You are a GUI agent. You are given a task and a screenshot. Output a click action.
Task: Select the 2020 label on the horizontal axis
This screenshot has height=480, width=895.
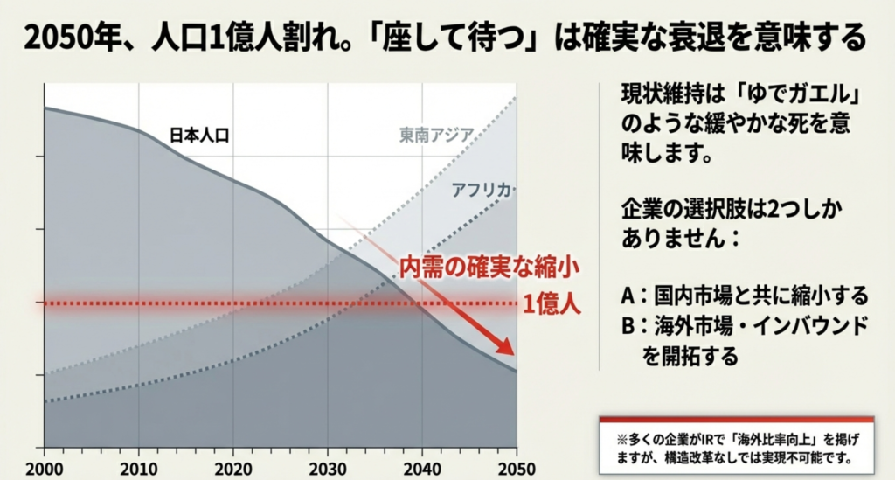233,467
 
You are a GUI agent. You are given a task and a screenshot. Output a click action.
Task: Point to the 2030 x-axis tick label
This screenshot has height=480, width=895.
327,467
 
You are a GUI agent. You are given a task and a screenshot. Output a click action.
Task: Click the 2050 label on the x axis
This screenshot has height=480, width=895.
514,467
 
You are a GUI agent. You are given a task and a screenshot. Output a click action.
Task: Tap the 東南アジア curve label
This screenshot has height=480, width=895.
437,135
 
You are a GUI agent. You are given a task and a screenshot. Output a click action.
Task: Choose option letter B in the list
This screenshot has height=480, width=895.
628,327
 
